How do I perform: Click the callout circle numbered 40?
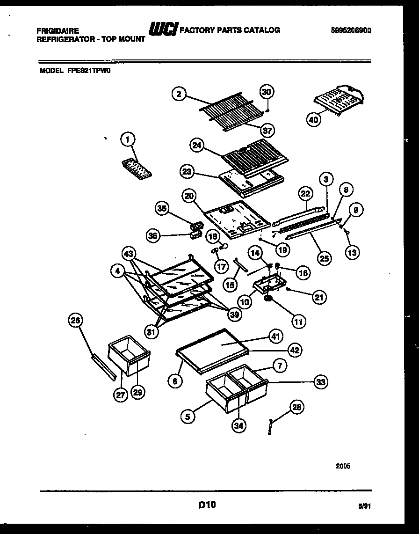point(314,120)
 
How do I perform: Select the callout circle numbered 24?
point(197,146)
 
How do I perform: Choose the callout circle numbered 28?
point(296,408)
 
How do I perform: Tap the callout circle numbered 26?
point(75,321)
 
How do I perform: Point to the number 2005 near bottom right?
point(343,466)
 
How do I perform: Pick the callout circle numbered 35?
point(163,209)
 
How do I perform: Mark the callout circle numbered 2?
point(178,94)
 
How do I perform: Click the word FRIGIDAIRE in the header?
point(56,30)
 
